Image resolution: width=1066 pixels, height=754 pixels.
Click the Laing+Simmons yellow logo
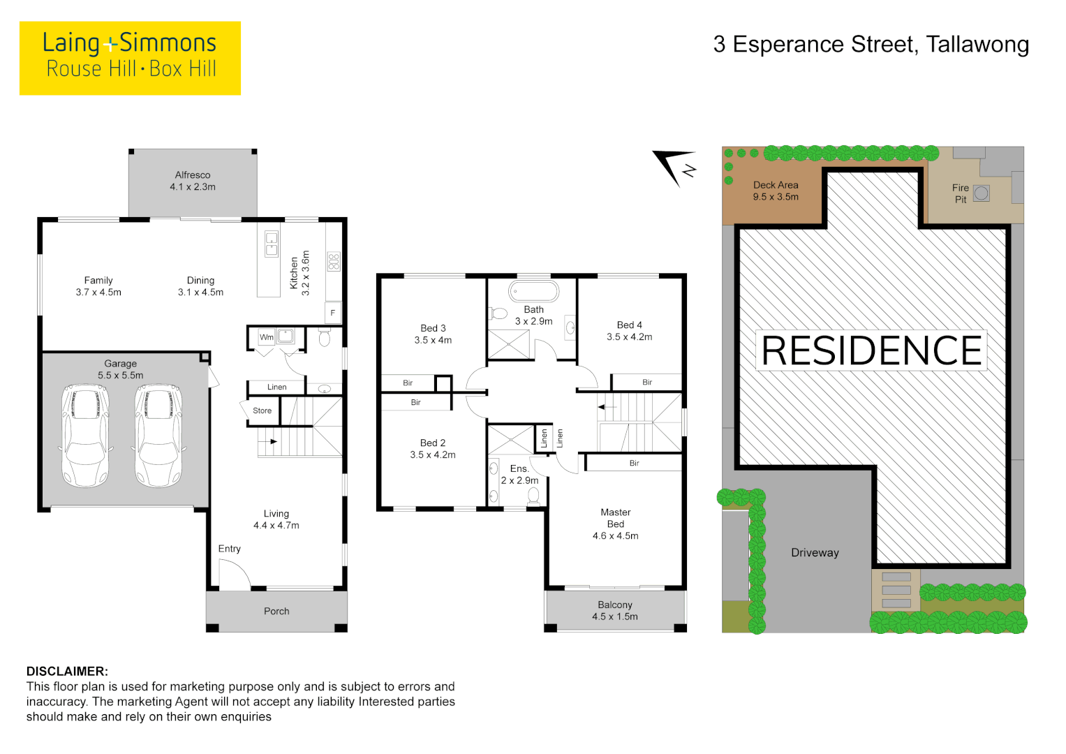coord(130,58)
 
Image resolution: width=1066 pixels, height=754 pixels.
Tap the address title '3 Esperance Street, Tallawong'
coord(871,45)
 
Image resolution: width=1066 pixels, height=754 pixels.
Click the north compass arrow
coord(674,166)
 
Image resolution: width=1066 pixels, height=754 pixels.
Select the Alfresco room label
coord(193,175)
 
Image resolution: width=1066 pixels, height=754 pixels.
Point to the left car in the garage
coord(85,434)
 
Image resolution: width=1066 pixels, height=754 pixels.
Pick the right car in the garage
coord(158,434)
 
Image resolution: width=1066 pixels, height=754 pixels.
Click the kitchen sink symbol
coord(272,244)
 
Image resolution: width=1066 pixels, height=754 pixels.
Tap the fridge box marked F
coord(333,313)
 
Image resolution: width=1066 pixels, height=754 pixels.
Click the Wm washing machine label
coord(267,337)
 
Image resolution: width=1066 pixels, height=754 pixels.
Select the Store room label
coord(262,411)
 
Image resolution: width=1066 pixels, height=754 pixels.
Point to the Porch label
coord(276,611)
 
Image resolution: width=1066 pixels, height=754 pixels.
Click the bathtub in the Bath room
coord(534,291)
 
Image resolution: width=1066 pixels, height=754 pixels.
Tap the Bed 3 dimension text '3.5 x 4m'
coord(433,340)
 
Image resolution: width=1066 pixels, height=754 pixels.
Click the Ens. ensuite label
coord(519,468)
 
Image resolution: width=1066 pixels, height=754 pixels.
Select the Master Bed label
coord(616,518)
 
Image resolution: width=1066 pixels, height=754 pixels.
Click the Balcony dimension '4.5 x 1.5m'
coord(615,616)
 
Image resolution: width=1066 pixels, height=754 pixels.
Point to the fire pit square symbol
coord(982,193)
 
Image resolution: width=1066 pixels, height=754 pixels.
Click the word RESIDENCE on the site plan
coord(871,350)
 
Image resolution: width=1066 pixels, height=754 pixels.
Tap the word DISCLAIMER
coord(67,671)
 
